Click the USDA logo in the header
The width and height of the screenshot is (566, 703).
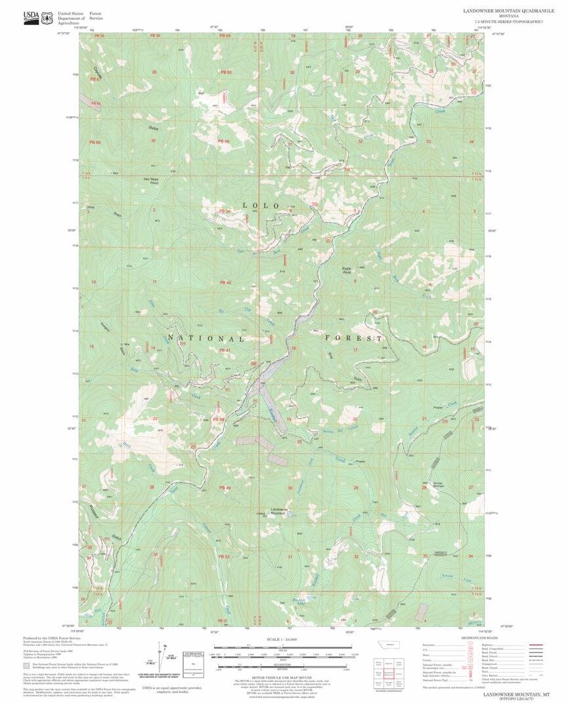(x=31, y=17)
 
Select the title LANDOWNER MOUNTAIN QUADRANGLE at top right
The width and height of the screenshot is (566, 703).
(x=509, y=11)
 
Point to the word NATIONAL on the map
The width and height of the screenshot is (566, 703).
(x=206, y=338)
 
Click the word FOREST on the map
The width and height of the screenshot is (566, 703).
(x=354, y=338)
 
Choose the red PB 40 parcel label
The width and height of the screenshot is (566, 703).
(x=225, y=283)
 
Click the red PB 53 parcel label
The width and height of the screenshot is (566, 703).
(x=223, y=556)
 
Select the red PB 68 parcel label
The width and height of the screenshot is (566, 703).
(x=95, y=143)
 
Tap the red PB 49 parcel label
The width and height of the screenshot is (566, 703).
(x=225, y=488)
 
